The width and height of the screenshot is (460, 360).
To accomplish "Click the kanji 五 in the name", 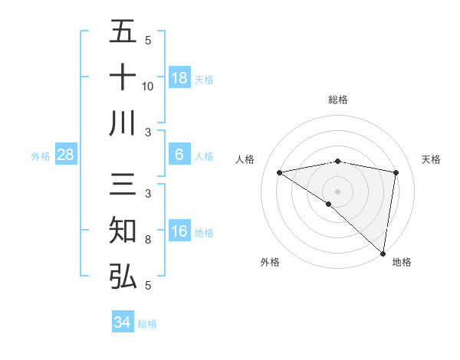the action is [x=123, y=32].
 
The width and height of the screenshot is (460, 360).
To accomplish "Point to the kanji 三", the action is [x=123, y=187].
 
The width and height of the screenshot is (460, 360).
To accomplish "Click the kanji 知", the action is [x=123, y=231].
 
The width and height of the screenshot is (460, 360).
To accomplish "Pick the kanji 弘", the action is [x=123, y=276].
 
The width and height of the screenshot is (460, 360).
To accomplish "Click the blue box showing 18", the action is [x=179, y=77].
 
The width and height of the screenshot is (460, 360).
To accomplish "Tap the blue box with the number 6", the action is [x=179, y=155].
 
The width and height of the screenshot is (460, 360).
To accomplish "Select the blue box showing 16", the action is [x=179, y=231].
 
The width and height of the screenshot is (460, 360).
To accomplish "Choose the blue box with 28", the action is [x=66, y=155].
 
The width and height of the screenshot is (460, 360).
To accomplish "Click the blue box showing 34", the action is [x=122, y=322].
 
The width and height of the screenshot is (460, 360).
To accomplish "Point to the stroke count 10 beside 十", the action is [x=148, y=86].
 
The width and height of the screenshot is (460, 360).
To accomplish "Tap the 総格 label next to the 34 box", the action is [x=148, y=324].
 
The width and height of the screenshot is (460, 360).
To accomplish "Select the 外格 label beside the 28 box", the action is [x=41, y=156].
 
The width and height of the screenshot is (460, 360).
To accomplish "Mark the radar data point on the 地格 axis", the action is [x=383, y=252].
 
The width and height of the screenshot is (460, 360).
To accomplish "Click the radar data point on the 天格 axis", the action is [x=396, y=172].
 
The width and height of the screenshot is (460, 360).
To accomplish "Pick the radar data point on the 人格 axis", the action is [x=280, y=172].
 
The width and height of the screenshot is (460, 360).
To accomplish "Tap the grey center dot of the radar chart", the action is [x=337, y=191].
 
